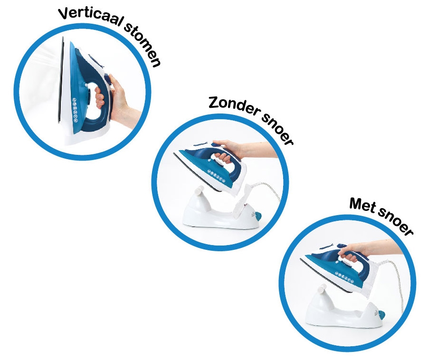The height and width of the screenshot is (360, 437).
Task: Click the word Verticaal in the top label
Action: (90, 16)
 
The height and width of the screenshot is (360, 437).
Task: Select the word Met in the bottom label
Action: (363, 205)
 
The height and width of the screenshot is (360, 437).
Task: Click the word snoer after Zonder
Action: (277, 128)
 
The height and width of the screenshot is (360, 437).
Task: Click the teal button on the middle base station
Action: (258, 216)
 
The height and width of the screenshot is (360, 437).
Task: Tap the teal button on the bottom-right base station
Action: (382, 315)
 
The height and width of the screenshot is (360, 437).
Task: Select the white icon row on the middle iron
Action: (216, 176)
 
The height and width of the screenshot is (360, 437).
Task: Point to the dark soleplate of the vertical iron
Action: (60, 81)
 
